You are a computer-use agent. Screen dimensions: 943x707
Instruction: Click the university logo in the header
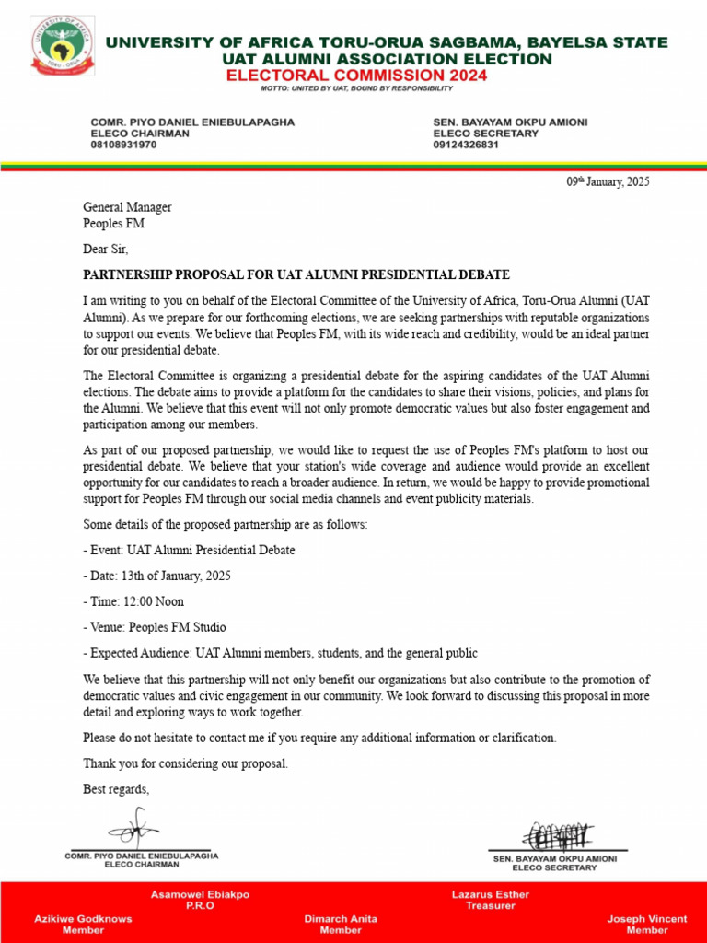pos(63,53)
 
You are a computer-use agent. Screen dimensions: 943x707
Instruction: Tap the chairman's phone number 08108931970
pos(123,145)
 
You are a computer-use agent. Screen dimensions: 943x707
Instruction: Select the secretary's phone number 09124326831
pos(466,145)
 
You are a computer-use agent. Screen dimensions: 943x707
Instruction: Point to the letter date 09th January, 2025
pos(608,182)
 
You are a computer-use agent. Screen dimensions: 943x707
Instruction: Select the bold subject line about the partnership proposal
pos(296,275)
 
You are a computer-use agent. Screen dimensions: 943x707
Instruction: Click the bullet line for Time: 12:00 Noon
pos(133,601)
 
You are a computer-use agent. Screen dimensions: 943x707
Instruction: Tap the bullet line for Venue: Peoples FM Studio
pos(155,627)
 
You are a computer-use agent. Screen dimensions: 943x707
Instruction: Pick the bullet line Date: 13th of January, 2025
pos(156,576)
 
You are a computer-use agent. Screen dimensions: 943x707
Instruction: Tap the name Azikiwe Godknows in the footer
pos(83,918)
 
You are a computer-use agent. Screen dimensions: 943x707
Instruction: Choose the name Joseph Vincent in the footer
pos(647,918)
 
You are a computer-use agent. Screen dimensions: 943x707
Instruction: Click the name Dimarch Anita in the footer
pos(341,918)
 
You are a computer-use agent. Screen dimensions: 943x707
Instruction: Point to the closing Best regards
pos(116,789)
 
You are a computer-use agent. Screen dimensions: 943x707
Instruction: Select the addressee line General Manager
pos(127,207)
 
